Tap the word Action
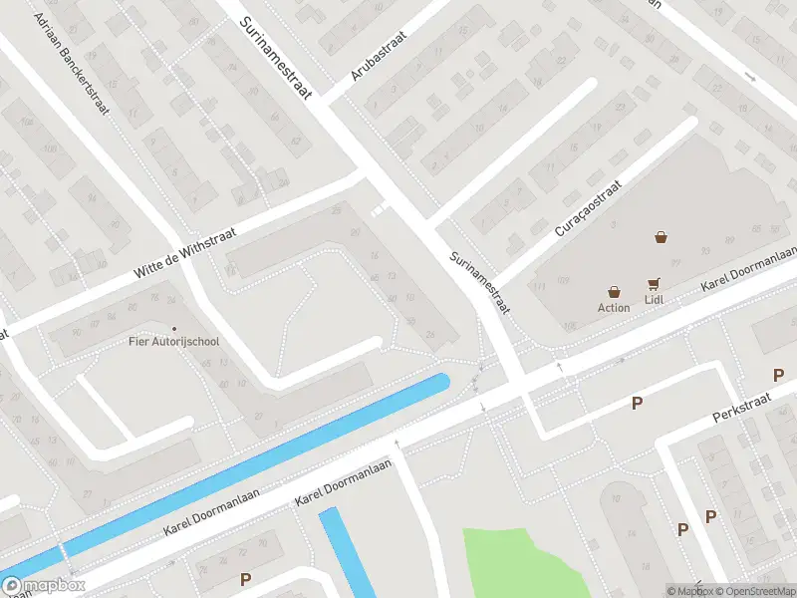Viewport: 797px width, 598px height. [x=614, y=308]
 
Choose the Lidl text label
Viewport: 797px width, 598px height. [x=655, y=300]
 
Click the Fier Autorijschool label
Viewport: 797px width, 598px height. [x=174, y=342]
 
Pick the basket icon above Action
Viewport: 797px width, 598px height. [x=614, y=292]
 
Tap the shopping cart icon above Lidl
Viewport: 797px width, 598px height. [x=655, y=284]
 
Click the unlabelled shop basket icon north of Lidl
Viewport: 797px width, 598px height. [x=661, y=237]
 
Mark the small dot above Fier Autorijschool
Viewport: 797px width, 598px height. [x=174, y=329]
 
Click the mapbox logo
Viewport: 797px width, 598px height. [x=44, y=586]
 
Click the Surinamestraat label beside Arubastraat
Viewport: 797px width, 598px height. [x=276, y=57]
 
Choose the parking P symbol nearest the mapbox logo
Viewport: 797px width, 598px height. [x=245, y=578]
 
